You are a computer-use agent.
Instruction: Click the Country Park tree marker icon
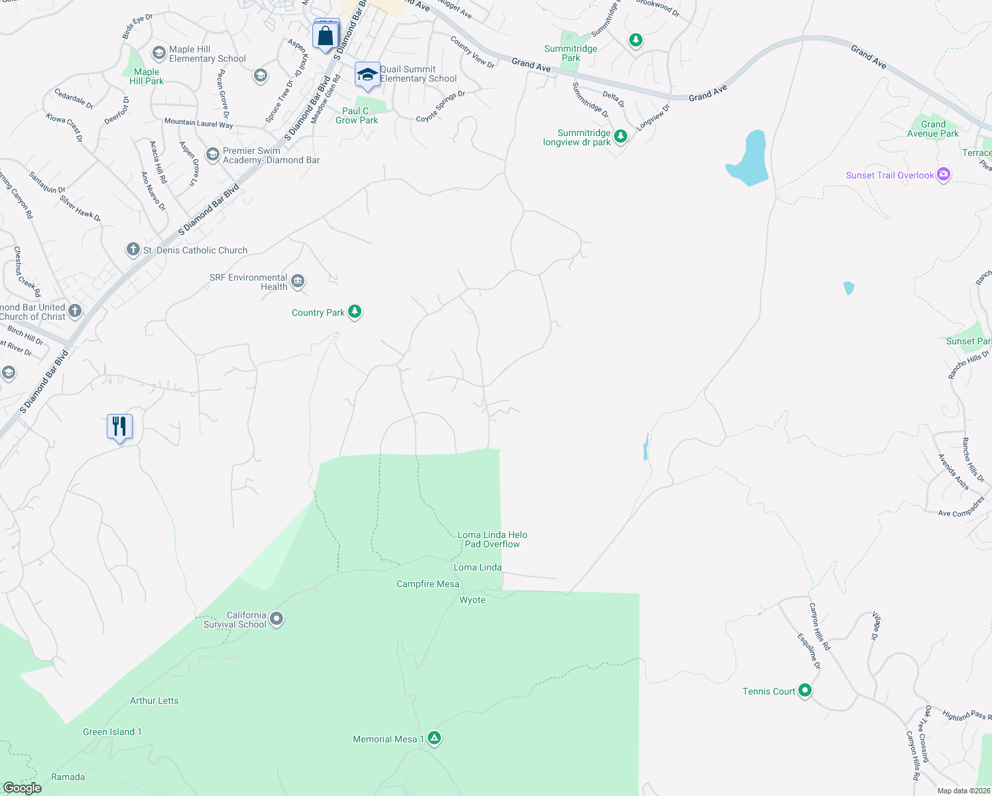coord(355,312)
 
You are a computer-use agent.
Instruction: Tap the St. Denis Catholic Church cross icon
coord(133,250)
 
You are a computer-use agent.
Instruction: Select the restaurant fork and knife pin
coord(120,426)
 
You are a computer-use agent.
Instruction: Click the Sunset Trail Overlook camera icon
coord(944,175)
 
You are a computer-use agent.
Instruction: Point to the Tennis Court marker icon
coord(805,691)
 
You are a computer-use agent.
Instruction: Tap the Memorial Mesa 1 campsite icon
coord(434,738)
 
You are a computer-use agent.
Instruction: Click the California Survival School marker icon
coord(277,619)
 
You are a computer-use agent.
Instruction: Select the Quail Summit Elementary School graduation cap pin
coord(367,75)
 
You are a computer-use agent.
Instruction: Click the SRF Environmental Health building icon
coord(298,282)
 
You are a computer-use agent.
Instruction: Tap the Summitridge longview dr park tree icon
coord(621,137)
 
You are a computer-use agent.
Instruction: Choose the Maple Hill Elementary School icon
coord(158,53)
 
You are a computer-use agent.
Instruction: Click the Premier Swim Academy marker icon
coord(212,155)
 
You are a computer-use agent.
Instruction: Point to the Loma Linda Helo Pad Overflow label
coord(492,539)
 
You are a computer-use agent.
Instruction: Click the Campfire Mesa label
coord(428,584)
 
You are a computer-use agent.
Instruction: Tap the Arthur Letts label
coord(154,700)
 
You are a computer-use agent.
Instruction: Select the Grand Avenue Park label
coord(933,129)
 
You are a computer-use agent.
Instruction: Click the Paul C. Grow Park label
coord(357,115)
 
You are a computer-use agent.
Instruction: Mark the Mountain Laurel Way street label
coord(198,123)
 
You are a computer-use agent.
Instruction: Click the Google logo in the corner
coord(22,787)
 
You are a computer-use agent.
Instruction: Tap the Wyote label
coord(472,600)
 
